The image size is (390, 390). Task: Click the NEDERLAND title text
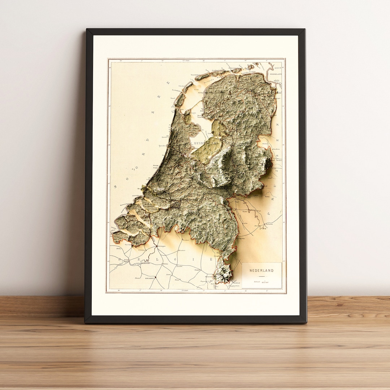(x=262, y=270)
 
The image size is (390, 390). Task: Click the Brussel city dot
(x=155, y=277)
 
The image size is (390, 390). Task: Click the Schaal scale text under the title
(x=257, y=281)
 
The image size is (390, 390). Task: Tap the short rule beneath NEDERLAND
(x=262, y=276)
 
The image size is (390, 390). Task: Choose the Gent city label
(x=126, y=259)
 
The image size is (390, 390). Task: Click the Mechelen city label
(x=166, y=264)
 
